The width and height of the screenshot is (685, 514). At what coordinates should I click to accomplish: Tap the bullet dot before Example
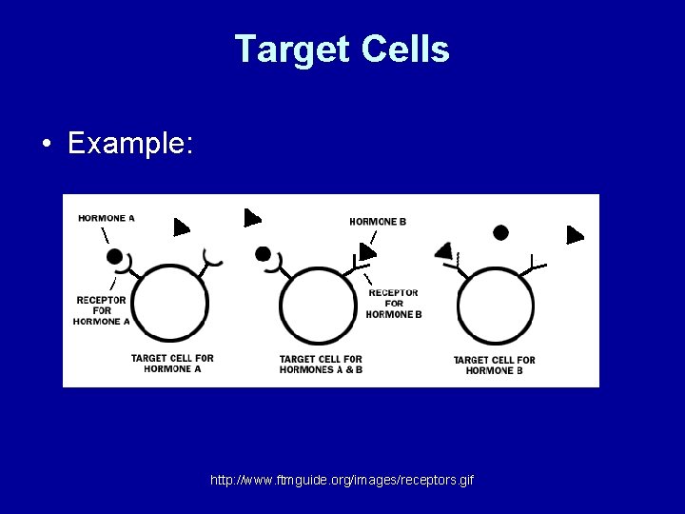point(46,146)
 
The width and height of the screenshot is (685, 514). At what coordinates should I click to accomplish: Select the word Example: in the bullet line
point(131,144)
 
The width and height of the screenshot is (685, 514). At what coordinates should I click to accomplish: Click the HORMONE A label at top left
point(107,218)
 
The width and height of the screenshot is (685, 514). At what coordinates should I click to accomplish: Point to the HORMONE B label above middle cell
point(378,222)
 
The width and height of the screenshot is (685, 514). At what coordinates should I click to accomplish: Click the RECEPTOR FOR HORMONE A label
point(102,310)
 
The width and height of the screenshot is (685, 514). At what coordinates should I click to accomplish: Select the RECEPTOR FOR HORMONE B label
point(394,304)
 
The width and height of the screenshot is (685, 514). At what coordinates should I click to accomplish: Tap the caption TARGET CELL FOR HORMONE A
point(172,364)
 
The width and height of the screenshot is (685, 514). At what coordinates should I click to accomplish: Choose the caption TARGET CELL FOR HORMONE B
point(494,365)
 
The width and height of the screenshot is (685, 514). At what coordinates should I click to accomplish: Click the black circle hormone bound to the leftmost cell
point(115,256)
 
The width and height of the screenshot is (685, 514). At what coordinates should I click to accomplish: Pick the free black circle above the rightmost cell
point(500,232)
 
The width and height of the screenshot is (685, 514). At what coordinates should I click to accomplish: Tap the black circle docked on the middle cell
point(264,254)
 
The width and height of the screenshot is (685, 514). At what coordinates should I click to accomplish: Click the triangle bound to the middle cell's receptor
point(366,251)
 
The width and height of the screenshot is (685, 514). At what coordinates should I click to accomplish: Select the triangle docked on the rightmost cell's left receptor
point(442,250)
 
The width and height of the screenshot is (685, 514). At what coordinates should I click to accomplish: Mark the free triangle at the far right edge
point(574,234)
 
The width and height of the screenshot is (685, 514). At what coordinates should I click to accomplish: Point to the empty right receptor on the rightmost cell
point(536,262)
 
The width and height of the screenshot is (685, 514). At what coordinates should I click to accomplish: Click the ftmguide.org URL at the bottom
point(342,480)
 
